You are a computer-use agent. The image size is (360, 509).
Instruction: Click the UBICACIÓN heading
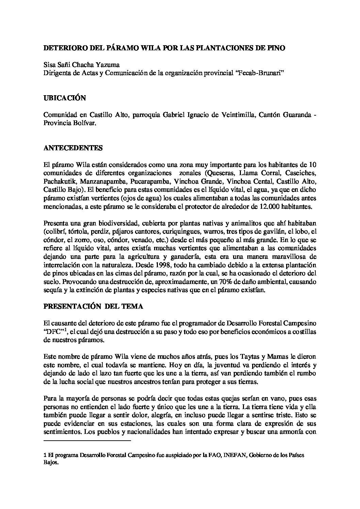(65, 98)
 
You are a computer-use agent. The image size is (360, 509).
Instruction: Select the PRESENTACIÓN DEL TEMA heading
(94, 306)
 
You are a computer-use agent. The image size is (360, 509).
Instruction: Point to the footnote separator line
(87, 441)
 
